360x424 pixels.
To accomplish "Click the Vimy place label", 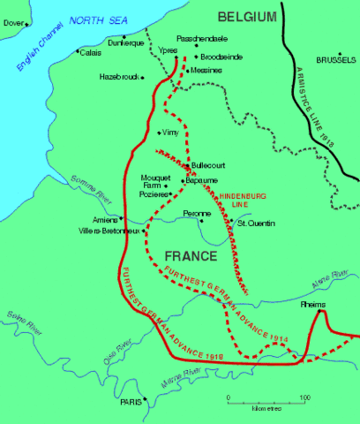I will coord(170,132).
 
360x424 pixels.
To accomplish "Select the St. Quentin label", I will coord(255,223).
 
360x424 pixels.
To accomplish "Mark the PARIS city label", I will coord(130,402).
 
